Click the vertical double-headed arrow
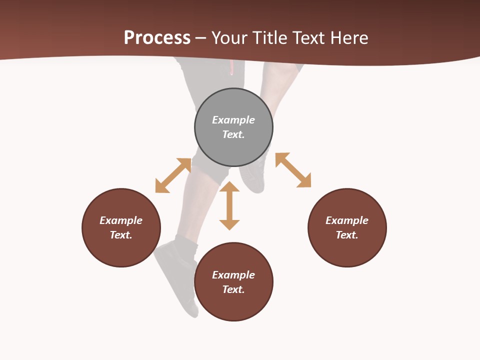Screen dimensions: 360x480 [x=229, y=205]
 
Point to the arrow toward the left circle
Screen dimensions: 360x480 [x=173, y=175]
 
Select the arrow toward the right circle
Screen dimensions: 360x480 [x=293, y=170]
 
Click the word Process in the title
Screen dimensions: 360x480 [x=157, y=37]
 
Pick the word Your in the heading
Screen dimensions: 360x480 [x=229, y=37]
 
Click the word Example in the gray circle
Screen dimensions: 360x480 [x=233, y=120]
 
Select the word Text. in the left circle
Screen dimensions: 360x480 [x=121, y=235]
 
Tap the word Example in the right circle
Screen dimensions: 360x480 [x=347, y=220]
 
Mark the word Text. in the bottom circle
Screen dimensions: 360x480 [x=233, y=289]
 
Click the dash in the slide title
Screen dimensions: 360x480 [x=201, y=38]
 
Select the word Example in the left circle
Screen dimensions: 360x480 [x=121, y=220]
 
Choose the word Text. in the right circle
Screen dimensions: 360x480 [x=347, y=235]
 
